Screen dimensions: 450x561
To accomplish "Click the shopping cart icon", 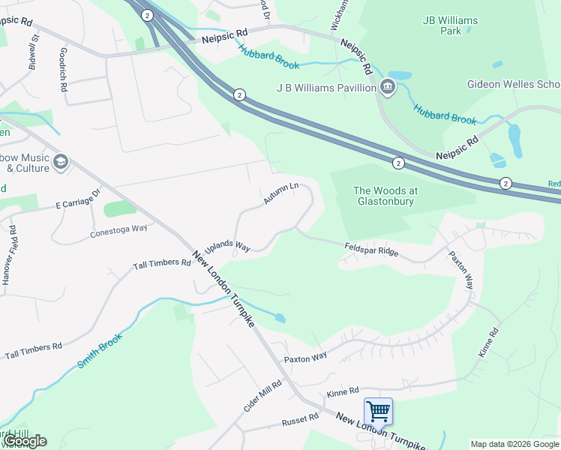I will pos(378,411).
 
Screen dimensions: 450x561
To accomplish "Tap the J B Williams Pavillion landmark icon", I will pos(388,88).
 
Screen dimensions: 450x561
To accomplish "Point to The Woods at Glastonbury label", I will pos(385,196).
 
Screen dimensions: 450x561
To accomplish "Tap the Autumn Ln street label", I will pos(281,193).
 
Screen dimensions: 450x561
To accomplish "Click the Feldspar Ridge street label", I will pos(371,249).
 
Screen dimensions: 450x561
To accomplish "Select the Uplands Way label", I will pos(226,246).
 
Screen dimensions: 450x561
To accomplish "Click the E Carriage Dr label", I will pos(78,199).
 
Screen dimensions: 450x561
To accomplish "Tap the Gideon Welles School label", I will pos(513,83).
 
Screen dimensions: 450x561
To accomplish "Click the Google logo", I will pos(25,441).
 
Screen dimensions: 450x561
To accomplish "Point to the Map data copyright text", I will pos(514,444).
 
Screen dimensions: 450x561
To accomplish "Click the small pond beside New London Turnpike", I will pos(280,318).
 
